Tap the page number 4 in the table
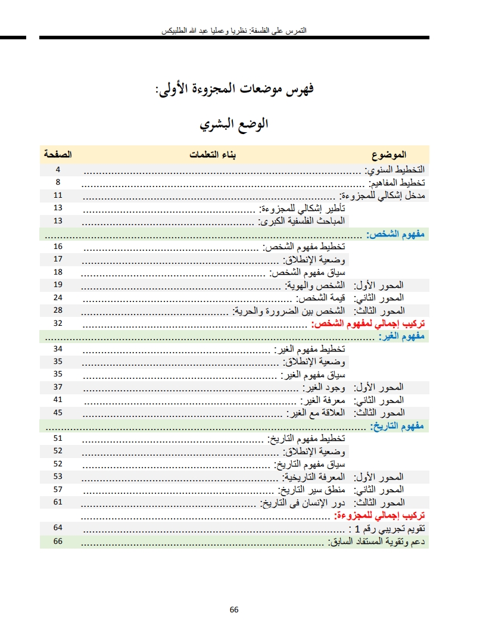click(x=58, y=169)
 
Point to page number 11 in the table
click(x=58, y=195)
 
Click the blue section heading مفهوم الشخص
click(x=395, y=233)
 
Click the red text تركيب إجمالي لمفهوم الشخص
click(x=369, y=323)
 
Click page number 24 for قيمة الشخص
click(x=58, y=297)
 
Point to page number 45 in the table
click(x=58, y=412)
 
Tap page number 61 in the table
click(x=58, y=502)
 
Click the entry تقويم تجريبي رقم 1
click(x=387, y=528)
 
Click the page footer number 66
click(x=234, y=609)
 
